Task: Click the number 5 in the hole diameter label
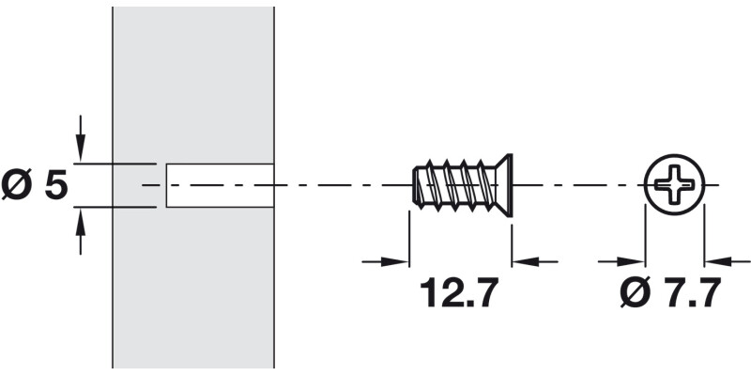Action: [x=56, y=185]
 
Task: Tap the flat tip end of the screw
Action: [x=414, y=185]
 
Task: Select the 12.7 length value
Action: [x=457, y=294]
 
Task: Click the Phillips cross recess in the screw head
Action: [x=674, y=184]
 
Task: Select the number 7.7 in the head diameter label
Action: [x=690, y=294]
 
